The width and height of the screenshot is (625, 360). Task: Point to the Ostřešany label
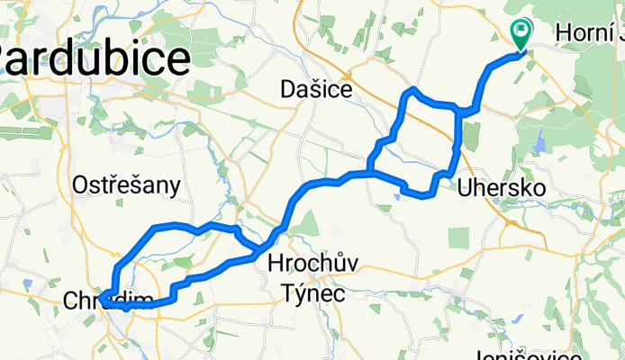tap(126, 185)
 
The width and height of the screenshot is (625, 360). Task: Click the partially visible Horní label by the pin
tap(589, 33)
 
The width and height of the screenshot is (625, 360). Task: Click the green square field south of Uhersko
tap(458, 238)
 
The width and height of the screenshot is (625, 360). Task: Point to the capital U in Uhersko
tap(466, 188)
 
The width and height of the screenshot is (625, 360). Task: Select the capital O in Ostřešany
tap(79, 185)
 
